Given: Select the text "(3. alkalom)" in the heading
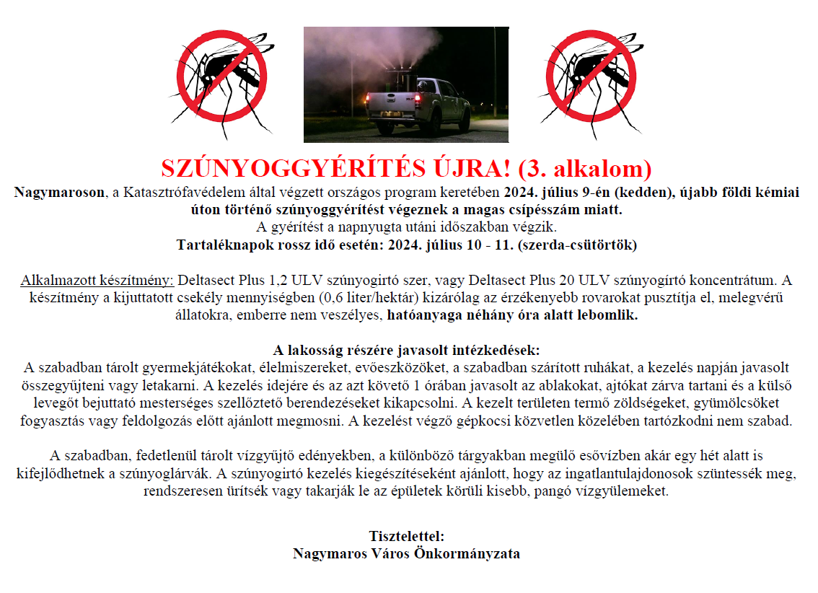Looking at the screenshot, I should click(585, 168).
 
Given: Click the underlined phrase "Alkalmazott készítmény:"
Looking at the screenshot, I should click(97, 280).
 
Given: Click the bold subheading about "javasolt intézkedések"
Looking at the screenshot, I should click(407, 351).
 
